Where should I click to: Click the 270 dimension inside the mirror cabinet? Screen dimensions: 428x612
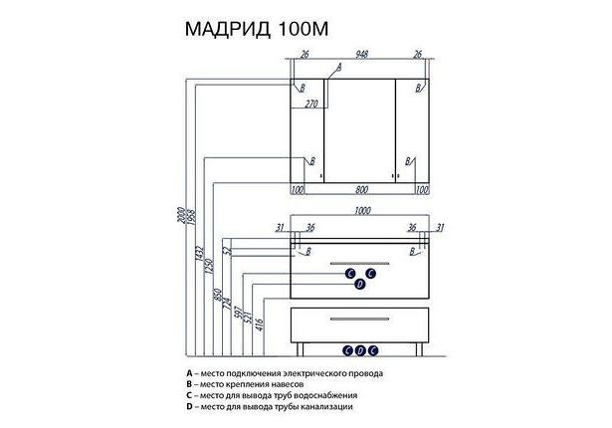[309, 103]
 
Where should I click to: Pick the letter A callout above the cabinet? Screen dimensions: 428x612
[338, 67]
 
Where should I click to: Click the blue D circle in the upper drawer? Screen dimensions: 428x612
[360, 285]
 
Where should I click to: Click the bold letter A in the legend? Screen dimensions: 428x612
[188, 373]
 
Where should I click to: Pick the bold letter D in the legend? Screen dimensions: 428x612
[188, 406]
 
